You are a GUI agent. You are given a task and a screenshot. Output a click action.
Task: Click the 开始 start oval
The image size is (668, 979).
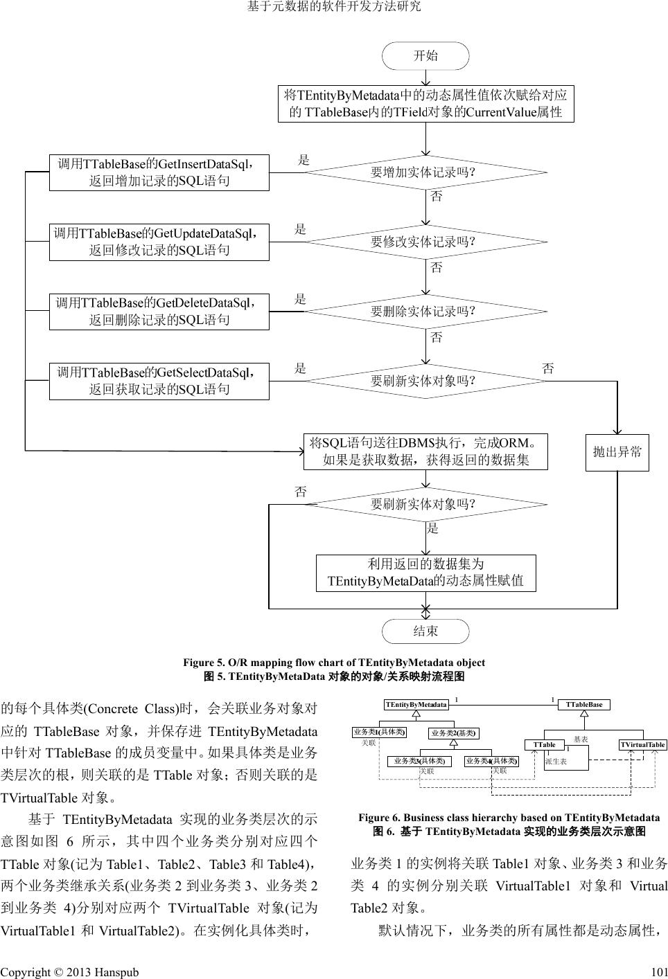point(425,56)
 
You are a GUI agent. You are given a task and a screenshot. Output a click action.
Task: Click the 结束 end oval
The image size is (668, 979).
point(425,631)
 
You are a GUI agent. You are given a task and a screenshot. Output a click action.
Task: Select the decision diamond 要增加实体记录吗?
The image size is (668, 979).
point(425,172)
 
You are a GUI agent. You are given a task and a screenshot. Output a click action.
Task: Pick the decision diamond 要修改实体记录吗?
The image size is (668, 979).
point(425,242)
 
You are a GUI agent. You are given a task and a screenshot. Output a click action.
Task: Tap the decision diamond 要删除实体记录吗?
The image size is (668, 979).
point(425,311)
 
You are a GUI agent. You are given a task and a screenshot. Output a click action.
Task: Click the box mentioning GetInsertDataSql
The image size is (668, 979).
point(159,172)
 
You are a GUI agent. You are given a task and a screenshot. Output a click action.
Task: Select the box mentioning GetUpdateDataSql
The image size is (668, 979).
point(159,242)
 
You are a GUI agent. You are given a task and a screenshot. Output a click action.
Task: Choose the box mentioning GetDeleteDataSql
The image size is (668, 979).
point(159,312)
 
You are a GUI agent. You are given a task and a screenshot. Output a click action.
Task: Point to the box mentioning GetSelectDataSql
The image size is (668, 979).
point(159,381)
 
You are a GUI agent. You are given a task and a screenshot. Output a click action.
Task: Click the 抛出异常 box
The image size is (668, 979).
point(617,452)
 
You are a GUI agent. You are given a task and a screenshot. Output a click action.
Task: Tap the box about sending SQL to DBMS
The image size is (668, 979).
point(425,451)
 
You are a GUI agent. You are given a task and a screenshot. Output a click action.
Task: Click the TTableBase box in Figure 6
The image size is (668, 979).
point(583,705)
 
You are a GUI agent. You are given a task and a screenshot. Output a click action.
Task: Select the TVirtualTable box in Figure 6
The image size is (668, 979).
point(642,745)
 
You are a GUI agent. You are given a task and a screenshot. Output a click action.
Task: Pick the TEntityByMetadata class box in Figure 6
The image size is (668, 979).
point(416,705)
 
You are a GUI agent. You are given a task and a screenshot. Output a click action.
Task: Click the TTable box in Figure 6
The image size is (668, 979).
point(544,745)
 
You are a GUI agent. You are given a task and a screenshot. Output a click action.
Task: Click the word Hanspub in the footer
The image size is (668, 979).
point(118,971)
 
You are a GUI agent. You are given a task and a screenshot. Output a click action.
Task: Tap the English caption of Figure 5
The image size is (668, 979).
point(333,663)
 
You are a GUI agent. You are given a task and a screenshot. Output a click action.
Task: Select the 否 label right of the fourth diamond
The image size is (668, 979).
point(548,368)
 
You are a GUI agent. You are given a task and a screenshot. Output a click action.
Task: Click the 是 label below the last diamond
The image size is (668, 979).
point(433,529)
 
